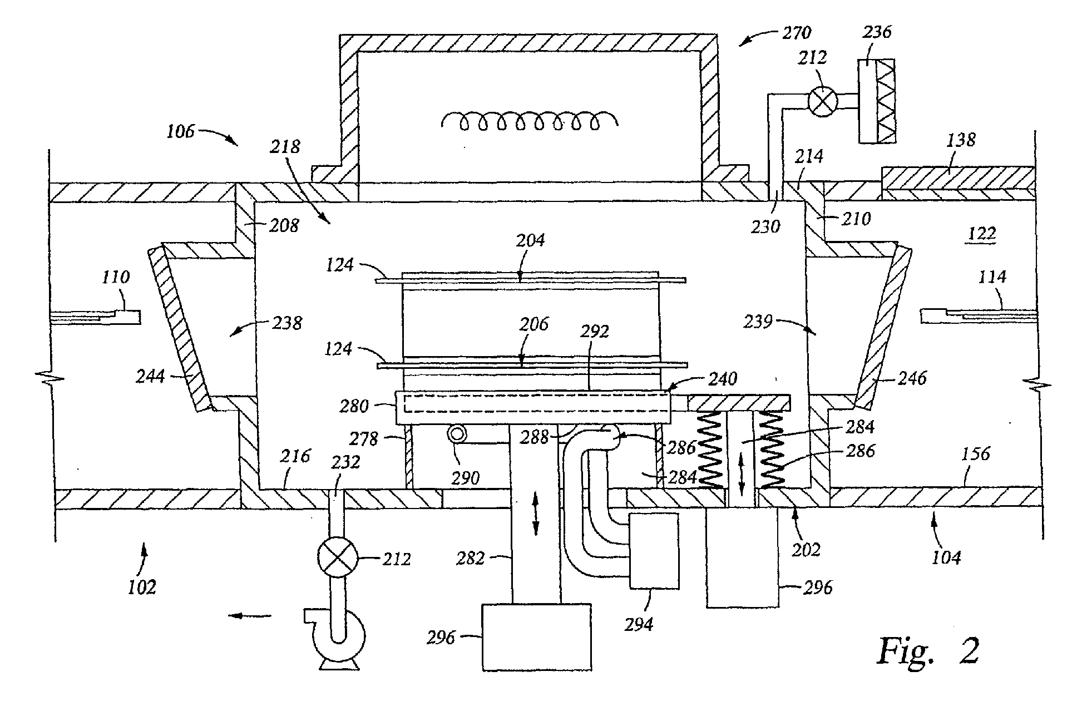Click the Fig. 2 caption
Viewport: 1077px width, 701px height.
928,649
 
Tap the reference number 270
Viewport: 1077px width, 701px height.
797,34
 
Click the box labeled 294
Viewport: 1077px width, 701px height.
654,551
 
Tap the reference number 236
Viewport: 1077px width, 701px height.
877,32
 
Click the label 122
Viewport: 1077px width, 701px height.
982,234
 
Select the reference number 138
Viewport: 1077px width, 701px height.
962,140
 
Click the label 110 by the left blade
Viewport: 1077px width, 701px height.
116,277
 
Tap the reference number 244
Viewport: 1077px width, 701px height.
151,377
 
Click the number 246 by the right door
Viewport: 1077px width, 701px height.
912,378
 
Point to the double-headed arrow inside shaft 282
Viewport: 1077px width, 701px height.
536,517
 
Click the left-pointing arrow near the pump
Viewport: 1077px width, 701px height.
250,615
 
